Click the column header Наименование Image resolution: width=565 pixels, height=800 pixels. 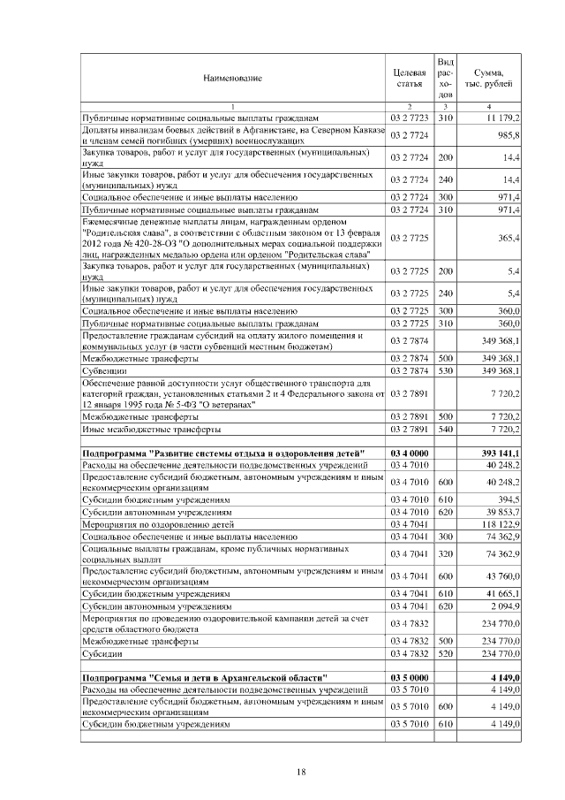(232, 79)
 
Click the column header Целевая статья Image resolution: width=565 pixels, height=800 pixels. (410, 78)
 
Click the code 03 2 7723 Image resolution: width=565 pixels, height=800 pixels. (410, 117)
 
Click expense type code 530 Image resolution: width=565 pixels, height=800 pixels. (446, 371)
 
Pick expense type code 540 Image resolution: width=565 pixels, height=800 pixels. (446, 429)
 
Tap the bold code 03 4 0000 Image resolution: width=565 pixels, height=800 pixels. (410, 453)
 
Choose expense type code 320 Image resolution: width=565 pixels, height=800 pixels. (446, 553)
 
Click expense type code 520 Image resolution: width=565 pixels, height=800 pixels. (446, 653)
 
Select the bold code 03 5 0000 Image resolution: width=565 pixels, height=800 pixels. (410, 677)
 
